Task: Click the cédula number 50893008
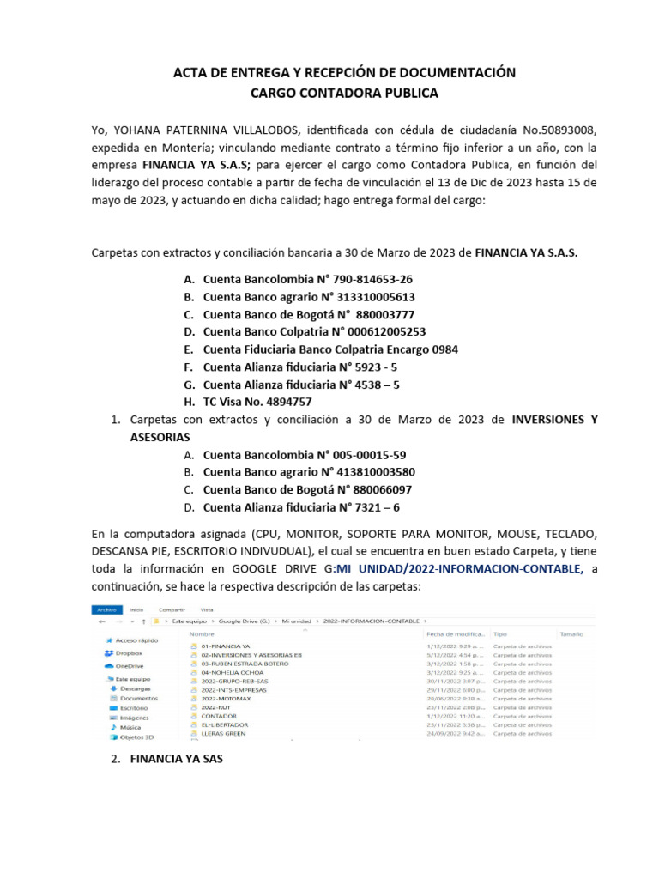click(x=556, y=130)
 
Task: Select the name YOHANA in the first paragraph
click(x=140, y=130)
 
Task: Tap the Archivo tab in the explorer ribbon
click(x=106, y=609)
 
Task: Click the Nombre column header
click(x=202, y=634)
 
